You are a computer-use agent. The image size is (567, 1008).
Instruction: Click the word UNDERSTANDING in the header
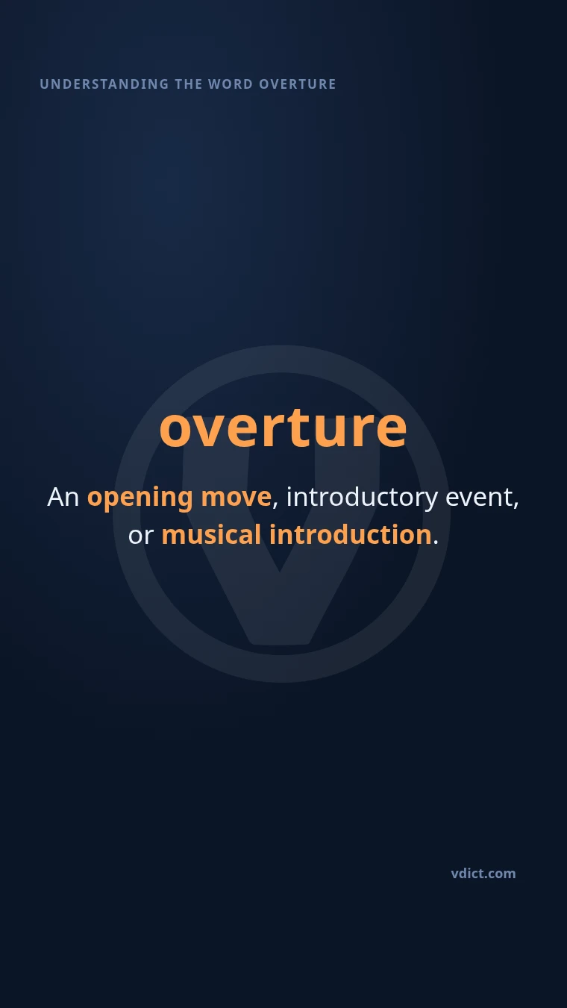(104, 84)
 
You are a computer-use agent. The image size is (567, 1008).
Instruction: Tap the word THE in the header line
(189, 84)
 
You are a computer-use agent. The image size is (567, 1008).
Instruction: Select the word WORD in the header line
(231, 84)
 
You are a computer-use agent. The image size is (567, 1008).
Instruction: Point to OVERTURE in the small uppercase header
(298, 84)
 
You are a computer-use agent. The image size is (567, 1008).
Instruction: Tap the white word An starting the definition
(63, 497)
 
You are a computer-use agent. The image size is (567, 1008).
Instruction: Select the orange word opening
(140, 498)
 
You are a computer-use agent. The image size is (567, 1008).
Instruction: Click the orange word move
(236, 498)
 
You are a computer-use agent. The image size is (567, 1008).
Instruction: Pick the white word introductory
(363, 498)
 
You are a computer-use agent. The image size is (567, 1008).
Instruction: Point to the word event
(479, 498)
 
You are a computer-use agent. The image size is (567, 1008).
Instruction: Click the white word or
(141, 536)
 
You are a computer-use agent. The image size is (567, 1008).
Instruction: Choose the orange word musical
(211, 534)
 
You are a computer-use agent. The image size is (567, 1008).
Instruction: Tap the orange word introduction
(351, 534)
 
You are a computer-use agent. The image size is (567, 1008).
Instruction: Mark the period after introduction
(435, 542)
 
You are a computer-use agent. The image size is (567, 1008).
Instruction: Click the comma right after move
(275, 505)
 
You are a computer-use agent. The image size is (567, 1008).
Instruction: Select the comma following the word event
(516, 505)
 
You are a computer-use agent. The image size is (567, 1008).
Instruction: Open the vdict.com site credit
(483, 874)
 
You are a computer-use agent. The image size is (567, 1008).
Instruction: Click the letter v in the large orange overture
(211, 431)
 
